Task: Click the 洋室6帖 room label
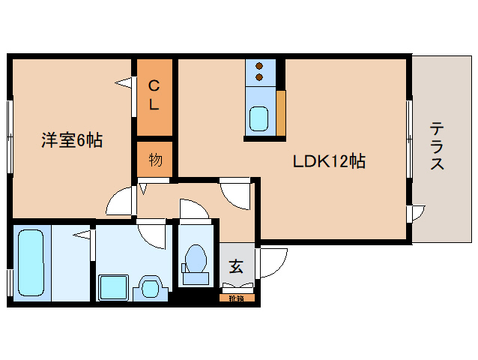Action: pos(72,139)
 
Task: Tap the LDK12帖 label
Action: pos(329,160)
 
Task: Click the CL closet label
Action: pos(154,95)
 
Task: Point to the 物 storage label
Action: pos(155,159)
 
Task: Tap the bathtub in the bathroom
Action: pos(31,264)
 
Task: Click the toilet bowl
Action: pos(196,260)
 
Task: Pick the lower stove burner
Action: pos(259,76)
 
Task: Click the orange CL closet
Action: pos(154,97)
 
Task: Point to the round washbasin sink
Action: pos(149,286)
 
